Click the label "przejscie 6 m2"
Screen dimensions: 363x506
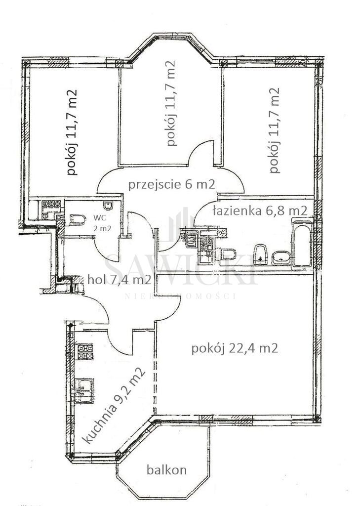click(171, 185)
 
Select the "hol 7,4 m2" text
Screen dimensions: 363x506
click(120, 280)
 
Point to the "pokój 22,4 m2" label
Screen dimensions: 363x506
click(235, 348)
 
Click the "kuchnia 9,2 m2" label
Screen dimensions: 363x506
click(114, 405)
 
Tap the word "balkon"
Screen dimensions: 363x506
click(166, 469)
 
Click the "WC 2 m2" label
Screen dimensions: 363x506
click(102, 223)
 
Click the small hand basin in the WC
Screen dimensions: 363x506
click(108, 206)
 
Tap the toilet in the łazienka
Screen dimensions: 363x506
click(229, 254)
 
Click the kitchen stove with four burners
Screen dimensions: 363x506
click(84, 352)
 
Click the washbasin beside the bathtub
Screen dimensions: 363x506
click(281, 258)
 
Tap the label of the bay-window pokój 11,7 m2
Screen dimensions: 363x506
click(170, 103)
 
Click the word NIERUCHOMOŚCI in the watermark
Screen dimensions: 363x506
click(181, 296)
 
